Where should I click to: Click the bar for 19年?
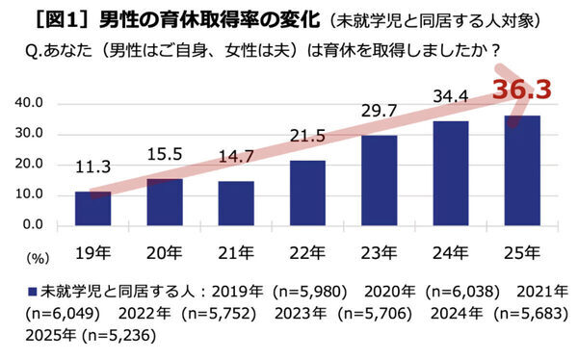coord(94,208)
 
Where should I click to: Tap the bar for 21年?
coord(237,203)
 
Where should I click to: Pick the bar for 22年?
coord(308,193)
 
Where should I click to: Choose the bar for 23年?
coord(381,180)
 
